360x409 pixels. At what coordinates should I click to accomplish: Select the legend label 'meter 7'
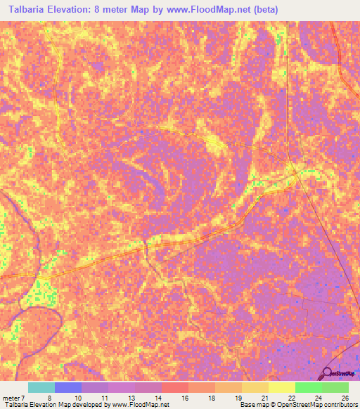[14, 398]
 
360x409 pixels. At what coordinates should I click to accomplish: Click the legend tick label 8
[49, 398]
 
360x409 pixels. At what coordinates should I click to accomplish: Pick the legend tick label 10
[77, 398]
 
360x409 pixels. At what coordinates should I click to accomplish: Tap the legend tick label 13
[131, 398]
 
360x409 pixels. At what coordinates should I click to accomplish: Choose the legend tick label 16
[184, 398]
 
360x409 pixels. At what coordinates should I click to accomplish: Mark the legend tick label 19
[238, 398]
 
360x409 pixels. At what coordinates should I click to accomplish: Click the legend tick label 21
[264, 398]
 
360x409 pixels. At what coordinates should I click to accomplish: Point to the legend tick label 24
[318, 398]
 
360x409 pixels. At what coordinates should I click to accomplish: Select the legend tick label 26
[345, 398]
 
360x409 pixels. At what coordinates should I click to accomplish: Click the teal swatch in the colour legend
[41, 387]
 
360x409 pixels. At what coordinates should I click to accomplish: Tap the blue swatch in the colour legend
[67, 387]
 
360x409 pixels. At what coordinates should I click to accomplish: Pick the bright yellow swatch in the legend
[281, 387]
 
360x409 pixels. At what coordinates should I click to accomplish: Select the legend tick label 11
[104, 398]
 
